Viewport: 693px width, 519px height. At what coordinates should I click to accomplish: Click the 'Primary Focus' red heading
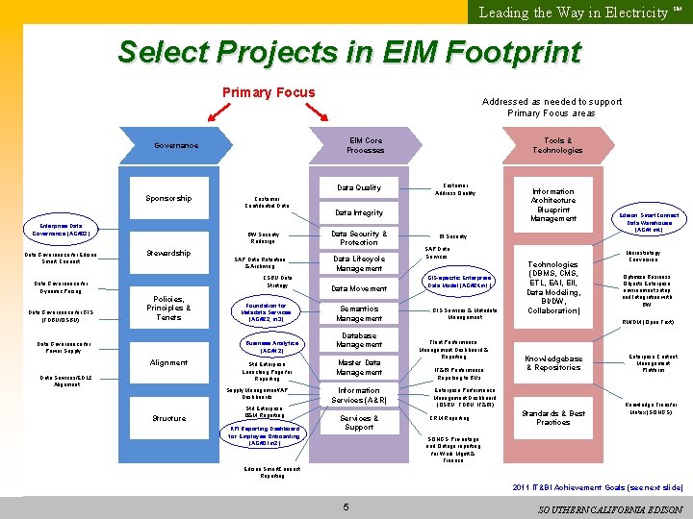(x=269, y=93)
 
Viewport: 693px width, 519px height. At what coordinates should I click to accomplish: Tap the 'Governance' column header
(x=176, y=145)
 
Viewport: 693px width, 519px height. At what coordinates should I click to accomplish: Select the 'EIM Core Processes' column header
(x=365, y=145)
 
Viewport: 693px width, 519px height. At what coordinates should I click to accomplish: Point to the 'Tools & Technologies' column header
(x=557, y=145)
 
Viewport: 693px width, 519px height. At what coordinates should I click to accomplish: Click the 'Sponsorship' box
(x=168, y=198)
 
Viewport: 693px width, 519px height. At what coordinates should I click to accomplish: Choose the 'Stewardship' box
(x=168, y=254)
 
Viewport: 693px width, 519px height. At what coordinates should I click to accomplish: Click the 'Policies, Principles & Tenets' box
(x=168, y=308)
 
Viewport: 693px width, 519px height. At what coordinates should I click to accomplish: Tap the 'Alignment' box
(x=168, y=362)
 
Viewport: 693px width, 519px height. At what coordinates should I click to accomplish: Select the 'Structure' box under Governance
(x=168, y=418)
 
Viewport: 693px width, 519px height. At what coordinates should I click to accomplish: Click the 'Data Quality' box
(x=358, y=187)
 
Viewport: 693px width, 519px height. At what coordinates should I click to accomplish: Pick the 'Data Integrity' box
(x=358, y=212)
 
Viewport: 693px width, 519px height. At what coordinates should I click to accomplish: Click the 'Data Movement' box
(x=358, y=288)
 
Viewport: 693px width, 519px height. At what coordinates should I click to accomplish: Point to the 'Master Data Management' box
(x=358, y=366)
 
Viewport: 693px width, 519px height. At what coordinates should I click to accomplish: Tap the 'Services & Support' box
(x=358, y=423)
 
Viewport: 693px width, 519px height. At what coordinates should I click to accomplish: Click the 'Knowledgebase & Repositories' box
(x=552, y=362)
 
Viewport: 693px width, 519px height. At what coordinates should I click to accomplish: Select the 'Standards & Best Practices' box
(x=552, y=418)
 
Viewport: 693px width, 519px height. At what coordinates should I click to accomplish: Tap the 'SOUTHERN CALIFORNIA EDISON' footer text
(x=610, y=508)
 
